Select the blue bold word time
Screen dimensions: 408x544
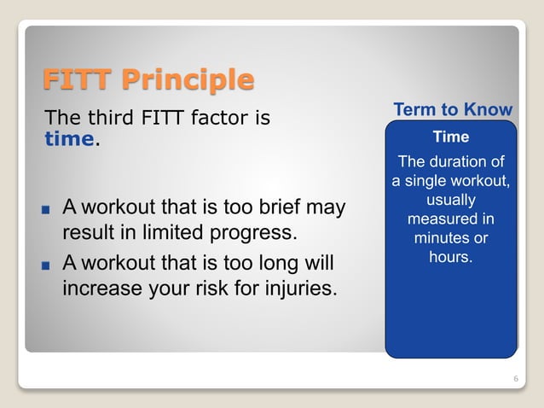point(69,139)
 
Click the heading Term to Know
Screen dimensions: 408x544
point(453,110)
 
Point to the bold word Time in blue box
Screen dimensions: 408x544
point(451,137)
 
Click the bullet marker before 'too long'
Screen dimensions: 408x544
point(47,264)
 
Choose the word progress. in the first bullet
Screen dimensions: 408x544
point(253,233)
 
